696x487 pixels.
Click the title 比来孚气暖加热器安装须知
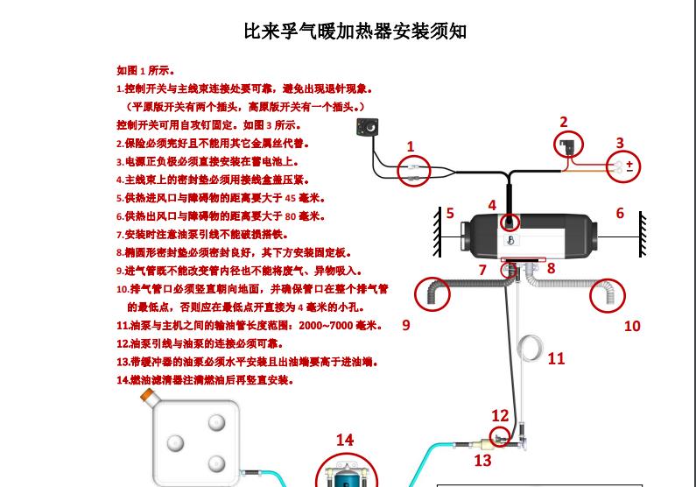(355, 32)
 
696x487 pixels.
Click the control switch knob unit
(368, 127)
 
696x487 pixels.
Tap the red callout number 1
(411, 146)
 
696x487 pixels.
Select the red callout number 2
(564, 122)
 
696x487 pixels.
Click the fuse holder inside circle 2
(567, 146)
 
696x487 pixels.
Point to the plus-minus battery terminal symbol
(629, 166)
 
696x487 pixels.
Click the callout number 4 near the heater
(492, 205)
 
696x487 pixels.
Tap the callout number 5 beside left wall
(450, 213)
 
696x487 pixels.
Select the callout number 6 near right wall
(620, 213)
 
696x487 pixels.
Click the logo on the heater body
(510, 241)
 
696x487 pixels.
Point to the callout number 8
(551, 268)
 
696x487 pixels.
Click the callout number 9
(406, 325)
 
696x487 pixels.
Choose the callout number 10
(632, 327)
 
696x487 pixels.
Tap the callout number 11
(556, 358)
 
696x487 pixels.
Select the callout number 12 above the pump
(500, 415)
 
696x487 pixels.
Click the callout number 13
(483, 461)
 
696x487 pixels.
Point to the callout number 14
(345, 440)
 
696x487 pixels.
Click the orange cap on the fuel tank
(147, 395)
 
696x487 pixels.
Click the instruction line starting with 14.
(205, 380)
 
